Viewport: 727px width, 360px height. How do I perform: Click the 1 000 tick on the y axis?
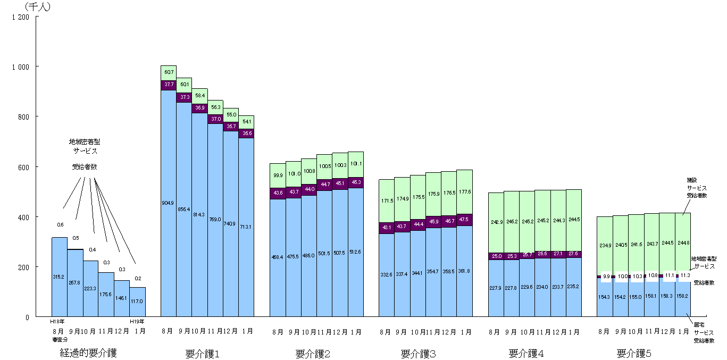(21, 66)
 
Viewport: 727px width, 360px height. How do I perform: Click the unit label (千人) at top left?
(38, 7)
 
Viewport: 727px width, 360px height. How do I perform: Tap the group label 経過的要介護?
(88, 353)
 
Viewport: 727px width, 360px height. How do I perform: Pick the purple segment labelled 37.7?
(168, 85)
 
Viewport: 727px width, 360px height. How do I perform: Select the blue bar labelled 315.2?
(59, 277)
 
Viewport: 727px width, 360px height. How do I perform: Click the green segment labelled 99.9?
(278, 175)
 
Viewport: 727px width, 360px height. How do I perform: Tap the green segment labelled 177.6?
(465, 192)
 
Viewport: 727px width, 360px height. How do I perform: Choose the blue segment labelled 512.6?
(356, 252)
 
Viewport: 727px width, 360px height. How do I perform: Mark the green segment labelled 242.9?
(496, 222)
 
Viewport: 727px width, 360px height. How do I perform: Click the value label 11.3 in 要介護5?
(686, 275)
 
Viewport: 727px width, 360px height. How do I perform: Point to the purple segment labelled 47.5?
(465, 220)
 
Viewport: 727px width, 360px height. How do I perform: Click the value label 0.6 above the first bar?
(60, 225)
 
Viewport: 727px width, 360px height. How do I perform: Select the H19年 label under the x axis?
(137, 321)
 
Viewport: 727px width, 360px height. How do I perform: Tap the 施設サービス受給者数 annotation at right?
(696, 188)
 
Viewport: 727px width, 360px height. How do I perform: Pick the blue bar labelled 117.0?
(137, 302)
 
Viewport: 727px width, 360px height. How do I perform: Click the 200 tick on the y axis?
(24, 267)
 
